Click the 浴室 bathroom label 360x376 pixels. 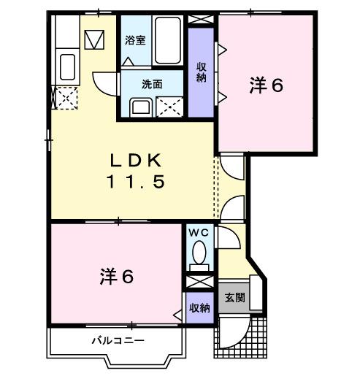[x=134, y=41]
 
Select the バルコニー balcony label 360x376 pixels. [x=118, y=340]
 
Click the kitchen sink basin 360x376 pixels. [x=66, y=68]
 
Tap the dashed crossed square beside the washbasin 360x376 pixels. [x=170, y=107]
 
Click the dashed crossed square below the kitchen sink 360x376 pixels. [x=64, y=96]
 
